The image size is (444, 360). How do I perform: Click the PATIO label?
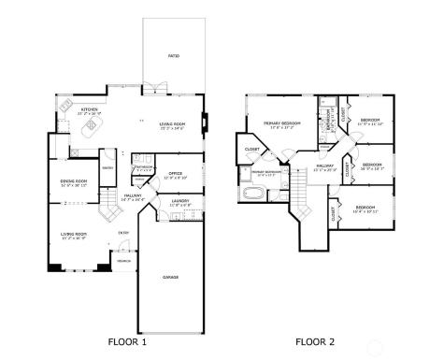pos(174,56)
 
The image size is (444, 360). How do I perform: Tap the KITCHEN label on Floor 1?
pos(90,110)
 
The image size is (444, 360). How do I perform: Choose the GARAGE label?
pos(171,277)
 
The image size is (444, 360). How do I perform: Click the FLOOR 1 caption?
pos(128,341)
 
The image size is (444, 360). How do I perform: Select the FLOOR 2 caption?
pos(315,341)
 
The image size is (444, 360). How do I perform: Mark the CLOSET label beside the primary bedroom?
pos(252,149)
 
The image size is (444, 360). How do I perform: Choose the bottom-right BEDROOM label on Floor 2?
pos(365,208)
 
